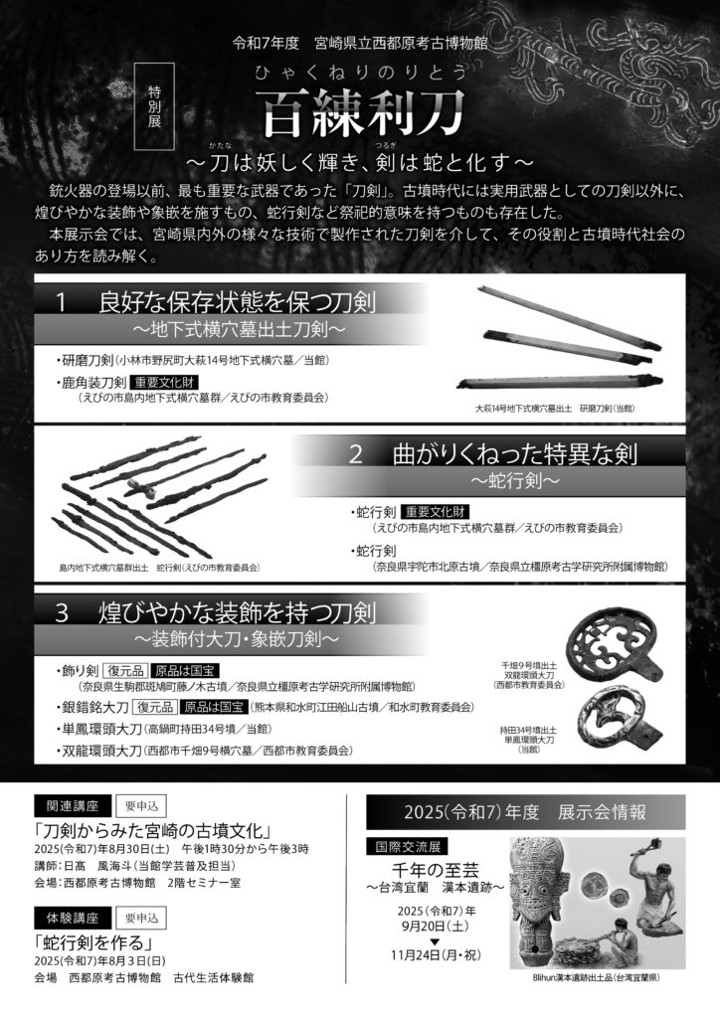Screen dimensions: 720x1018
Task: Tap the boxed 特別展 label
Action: pyautogui.click(x=154, y=105)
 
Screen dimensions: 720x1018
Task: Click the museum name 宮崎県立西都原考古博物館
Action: pyautogui.click(x=401, y=44)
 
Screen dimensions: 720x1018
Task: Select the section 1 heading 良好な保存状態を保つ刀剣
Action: pyautogui.click(x=237, y=302)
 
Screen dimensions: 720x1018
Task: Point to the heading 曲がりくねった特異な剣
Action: pyautogui.click(x=515, y=453)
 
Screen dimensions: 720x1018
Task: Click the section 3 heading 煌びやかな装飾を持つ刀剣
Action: pyautogui.click(x=237, y=612)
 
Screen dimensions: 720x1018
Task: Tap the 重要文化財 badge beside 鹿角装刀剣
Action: pyautogui.click(x=164, y=382)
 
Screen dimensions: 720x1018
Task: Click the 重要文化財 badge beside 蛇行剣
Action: pyautogui.click(x=435, y=512)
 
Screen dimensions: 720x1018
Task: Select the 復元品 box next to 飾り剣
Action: pyautogui.click(x=126, y=671)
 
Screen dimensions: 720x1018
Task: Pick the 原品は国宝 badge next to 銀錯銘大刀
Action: pyautogui.click(x=214, y=707)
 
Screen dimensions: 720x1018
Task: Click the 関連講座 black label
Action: pyautogui.click(x=73, y=806)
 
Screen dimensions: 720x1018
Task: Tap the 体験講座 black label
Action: pyautogui.click(x=73, y=918)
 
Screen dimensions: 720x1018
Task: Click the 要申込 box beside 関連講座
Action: pyautogui.click(x=141, y=806)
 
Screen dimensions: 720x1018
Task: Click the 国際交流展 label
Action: pyautogui.click(x=407, y=847)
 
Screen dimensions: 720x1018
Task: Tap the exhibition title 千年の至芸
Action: pyautogui.click(x=435, y=870)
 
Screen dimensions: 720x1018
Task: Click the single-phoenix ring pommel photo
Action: pyautogui.click(x=620, y=722)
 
